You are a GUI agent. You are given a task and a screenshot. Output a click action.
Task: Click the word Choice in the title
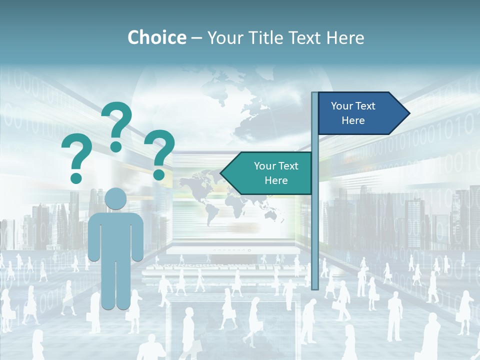(x=156, y=37)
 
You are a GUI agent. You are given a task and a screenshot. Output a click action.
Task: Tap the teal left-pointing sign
(x=270, y=173)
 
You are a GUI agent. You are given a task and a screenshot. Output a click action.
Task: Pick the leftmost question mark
(x=76, y=155)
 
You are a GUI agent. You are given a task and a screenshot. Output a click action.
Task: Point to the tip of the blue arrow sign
(x=408, y=113)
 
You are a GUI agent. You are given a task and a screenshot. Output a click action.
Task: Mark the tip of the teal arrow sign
(x=221, y=173)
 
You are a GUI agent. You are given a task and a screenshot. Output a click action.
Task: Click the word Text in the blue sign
(x=366, y=106)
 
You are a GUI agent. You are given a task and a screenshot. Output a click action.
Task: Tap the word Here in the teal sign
(x=276, y=180)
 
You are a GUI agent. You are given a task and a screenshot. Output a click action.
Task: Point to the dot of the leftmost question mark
(x=76, y=177)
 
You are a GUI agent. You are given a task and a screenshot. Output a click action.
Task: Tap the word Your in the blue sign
(x=342, y=106)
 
